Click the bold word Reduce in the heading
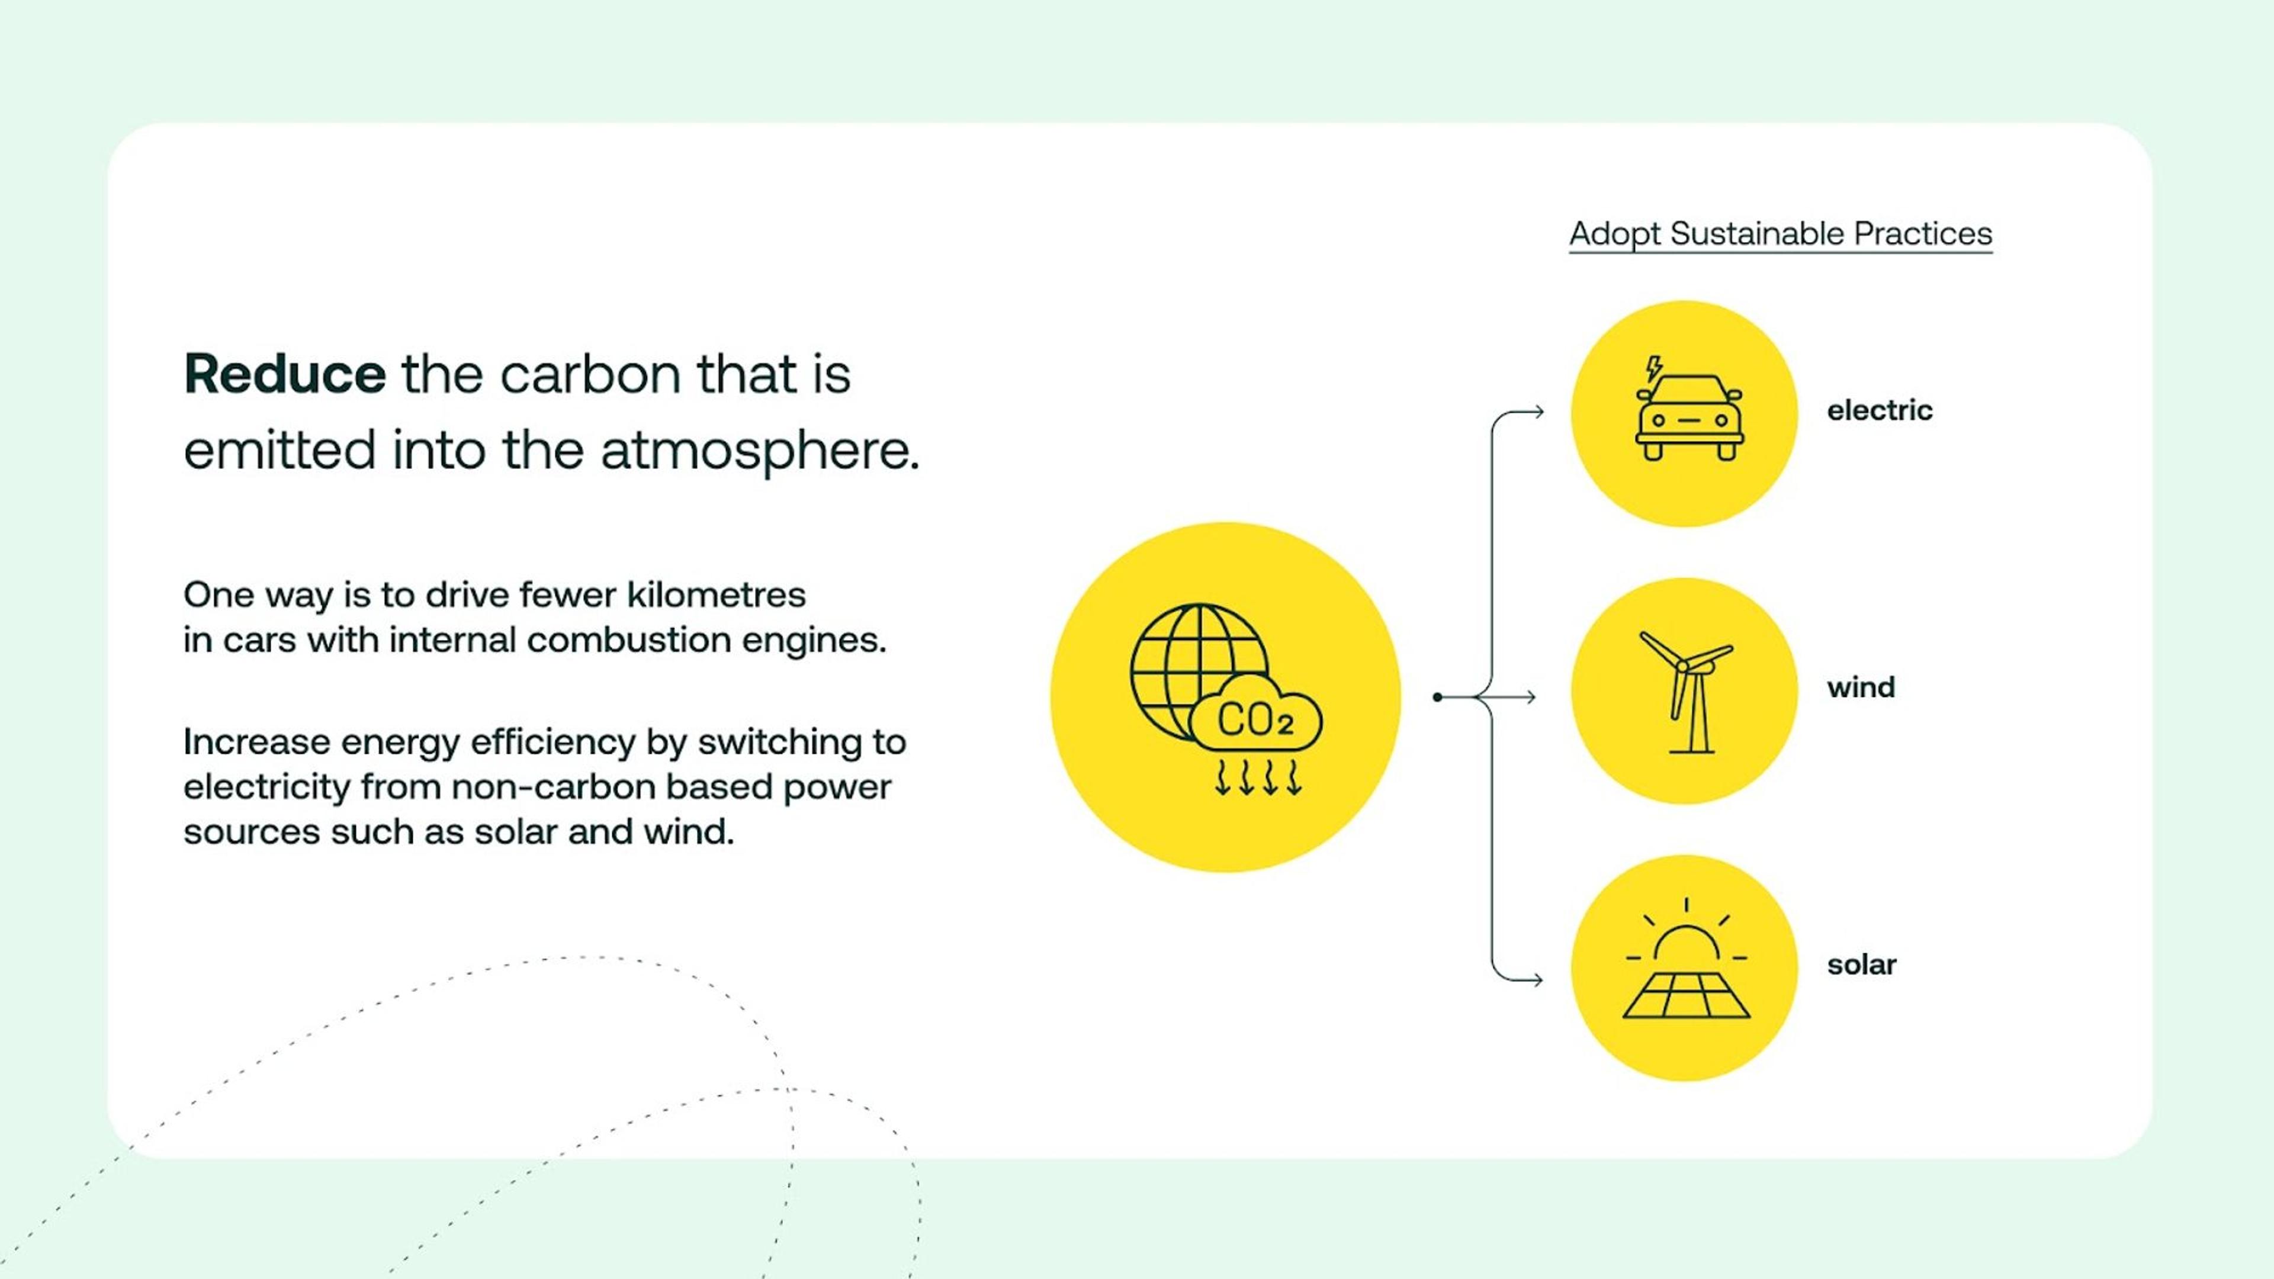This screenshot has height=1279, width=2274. (x=284, y=374)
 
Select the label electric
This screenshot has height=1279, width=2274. (x=1880, y=410)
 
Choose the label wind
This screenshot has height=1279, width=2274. (x=1861, y=687)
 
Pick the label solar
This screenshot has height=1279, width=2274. (x=1862, y=965)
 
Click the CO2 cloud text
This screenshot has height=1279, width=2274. (x=1255, y=720)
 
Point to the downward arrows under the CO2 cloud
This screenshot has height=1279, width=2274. (x=1258, y=777)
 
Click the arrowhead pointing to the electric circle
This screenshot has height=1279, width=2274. (x=1537, y=412)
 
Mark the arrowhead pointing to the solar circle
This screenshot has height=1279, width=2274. (x=1536, y=980)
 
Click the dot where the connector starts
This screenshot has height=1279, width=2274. (x=1437, y=698)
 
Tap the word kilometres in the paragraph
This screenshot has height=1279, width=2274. (x=716, y=595)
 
